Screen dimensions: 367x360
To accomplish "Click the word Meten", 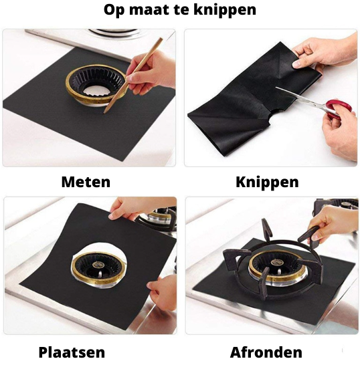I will (86, 182).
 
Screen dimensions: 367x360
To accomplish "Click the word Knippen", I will (267, 182).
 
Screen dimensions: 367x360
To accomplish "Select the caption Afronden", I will (266, 352).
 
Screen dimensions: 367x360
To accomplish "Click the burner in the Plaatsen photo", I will (97, 263).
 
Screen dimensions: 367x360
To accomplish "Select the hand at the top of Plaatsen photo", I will (134, 209).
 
